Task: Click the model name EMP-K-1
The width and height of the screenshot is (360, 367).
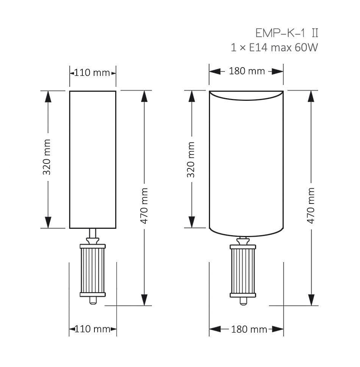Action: coord(279,33)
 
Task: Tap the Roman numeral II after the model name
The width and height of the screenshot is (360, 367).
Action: coord(314,33)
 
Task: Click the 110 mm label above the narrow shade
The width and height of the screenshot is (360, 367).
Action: coord(92,72)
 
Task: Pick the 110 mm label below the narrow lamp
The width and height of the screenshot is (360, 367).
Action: coord(92,329)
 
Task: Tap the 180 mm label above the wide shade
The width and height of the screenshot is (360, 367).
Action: coord(247,71)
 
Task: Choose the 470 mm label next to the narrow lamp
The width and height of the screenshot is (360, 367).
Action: coord(144,206)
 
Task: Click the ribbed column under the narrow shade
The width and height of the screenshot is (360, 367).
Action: coord(93,270)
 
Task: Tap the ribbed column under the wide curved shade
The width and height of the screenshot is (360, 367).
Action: coord(243,270)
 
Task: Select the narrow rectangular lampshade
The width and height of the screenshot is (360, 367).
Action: coord(93,159)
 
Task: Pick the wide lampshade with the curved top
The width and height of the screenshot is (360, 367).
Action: coord(246,162)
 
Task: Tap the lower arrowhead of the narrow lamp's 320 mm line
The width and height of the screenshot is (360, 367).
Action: coord(48,222)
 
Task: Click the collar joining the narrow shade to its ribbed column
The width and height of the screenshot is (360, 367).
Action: coord(93,239)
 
